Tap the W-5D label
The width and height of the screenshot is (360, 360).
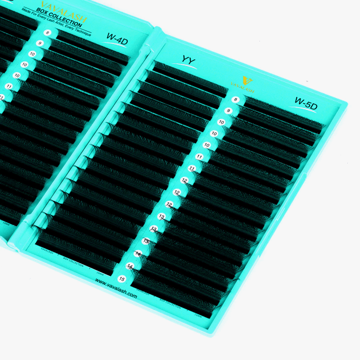pyautogui.click(x=306, y=101)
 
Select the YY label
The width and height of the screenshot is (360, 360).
pyautogui.click(x=188, y=61)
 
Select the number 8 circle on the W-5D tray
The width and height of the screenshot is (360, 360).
pyautogui.click(x=236, y=99)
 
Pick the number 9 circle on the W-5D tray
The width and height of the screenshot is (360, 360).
pyautogui.click(x=228, y=111)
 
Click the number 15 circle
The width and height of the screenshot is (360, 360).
pyautogui.click(x=121, y=279)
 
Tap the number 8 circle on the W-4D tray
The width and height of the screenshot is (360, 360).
pyautogui.click(x=48, y=32)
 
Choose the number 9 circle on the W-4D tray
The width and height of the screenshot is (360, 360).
pyautogui.click(x=39, y=43)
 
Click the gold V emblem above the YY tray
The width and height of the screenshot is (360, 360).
pyautogui.click(x=245, y=80)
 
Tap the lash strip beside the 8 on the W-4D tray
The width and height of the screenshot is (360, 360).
pyautogui.click(x=90, y=45)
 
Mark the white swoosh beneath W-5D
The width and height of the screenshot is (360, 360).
pyautogui.click(x=306, y=111)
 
